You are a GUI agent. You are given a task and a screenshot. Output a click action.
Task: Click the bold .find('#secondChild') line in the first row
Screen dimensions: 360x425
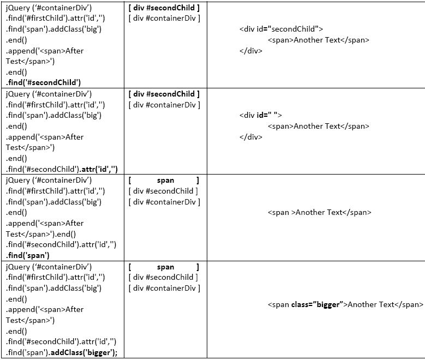(x=44, y=82)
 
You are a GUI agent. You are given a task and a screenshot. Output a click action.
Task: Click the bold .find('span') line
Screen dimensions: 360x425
(x=28, y=255)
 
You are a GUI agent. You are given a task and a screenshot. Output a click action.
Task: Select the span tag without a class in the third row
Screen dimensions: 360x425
(x=319, y=212)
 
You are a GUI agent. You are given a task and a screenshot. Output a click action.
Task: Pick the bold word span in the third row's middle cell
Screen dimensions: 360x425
(x=165, y=181)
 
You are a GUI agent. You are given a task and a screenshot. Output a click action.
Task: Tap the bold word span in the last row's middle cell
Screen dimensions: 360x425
(x=165, y=267)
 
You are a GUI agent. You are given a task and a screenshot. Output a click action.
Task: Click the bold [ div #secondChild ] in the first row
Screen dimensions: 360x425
(x=164, y=8)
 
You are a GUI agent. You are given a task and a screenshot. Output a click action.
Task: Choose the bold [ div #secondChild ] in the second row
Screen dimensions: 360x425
(x=164, y=94)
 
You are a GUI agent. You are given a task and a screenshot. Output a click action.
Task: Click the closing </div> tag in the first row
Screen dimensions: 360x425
(x=250, y=51)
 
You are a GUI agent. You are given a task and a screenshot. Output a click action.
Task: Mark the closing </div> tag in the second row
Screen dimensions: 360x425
(x=250, y=137)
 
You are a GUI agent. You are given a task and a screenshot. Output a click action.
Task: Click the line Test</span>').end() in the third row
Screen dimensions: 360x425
(x=41, y=234)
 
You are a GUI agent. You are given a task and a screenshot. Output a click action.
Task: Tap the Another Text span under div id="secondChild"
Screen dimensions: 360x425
(x=318, y=40)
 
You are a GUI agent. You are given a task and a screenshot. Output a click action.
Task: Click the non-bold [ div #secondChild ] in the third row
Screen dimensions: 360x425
(x=164, y=191)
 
